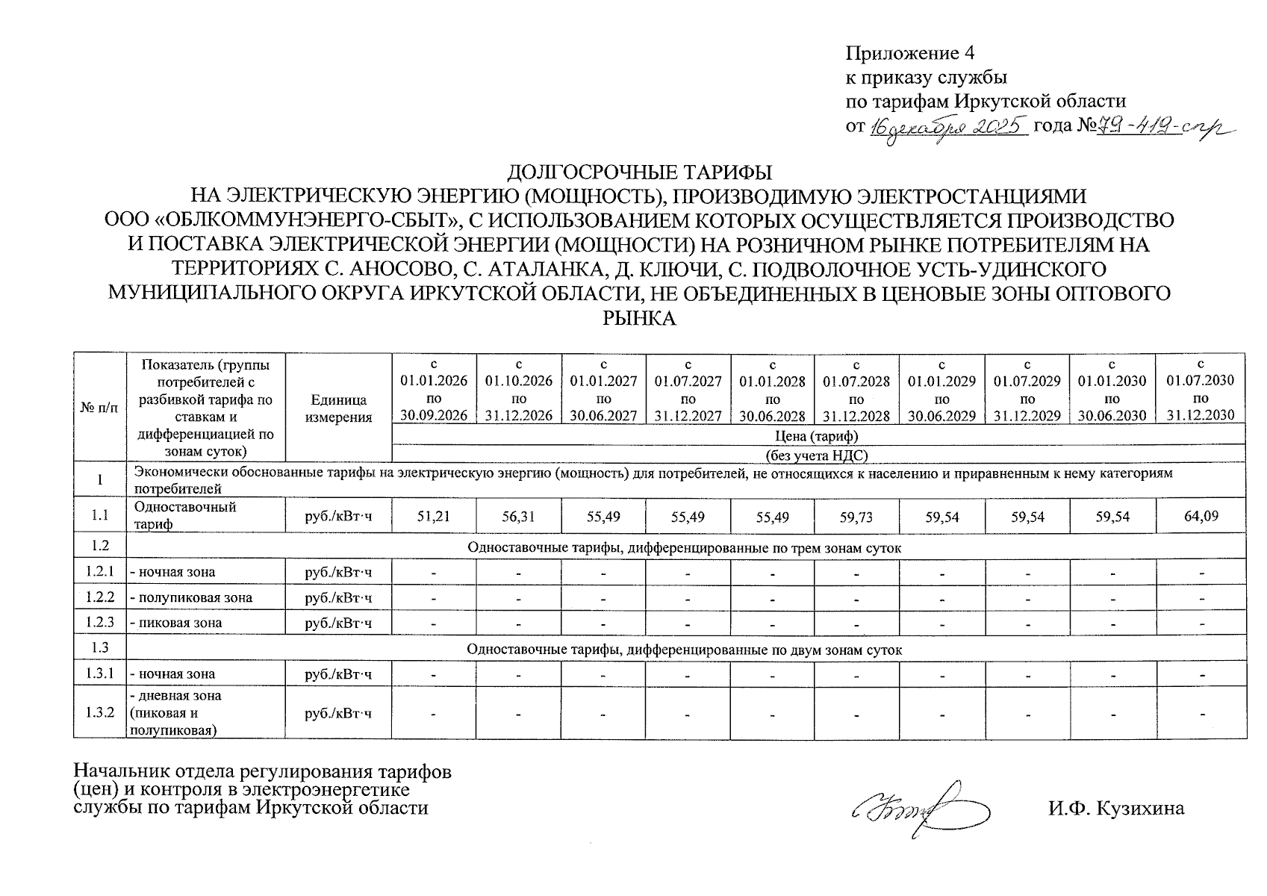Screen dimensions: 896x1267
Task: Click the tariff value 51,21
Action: click(x=434, y=516)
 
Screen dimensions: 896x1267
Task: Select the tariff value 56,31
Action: click(x=519, y=516)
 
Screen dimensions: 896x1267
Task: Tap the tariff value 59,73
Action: click(x=857, y=516)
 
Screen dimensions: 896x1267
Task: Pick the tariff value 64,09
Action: click(x=1201, y=516)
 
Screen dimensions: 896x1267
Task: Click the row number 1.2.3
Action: click(x=100, y=623)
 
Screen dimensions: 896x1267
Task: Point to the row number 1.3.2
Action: click(x=100, y=712)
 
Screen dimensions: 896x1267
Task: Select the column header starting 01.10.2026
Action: click(x=519, y=390)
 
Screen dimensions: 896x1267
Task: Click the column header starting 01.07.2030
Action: click(x=1201, y=390)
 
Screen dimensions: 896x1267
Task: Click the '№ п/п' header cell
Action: click(x=100, y=408)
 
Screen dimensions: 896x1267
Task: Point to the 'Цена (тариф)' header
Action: click(x=818, y=435)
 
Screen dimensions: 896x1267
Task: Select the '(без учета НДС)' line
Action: click(x=818, y=455)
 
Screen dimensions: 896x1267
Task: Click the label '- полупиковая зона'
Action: click(x=191, y=597)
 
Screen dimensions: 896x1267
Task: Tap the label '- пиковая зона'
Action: click(x=176, y=623)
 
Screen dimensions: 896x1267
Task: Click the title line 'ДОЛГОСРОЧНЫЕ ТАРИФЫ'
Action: click(x=639, y=172)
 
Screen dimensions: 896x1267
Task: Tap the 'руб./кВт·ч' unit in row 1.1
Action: click(x=338, y=516)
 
